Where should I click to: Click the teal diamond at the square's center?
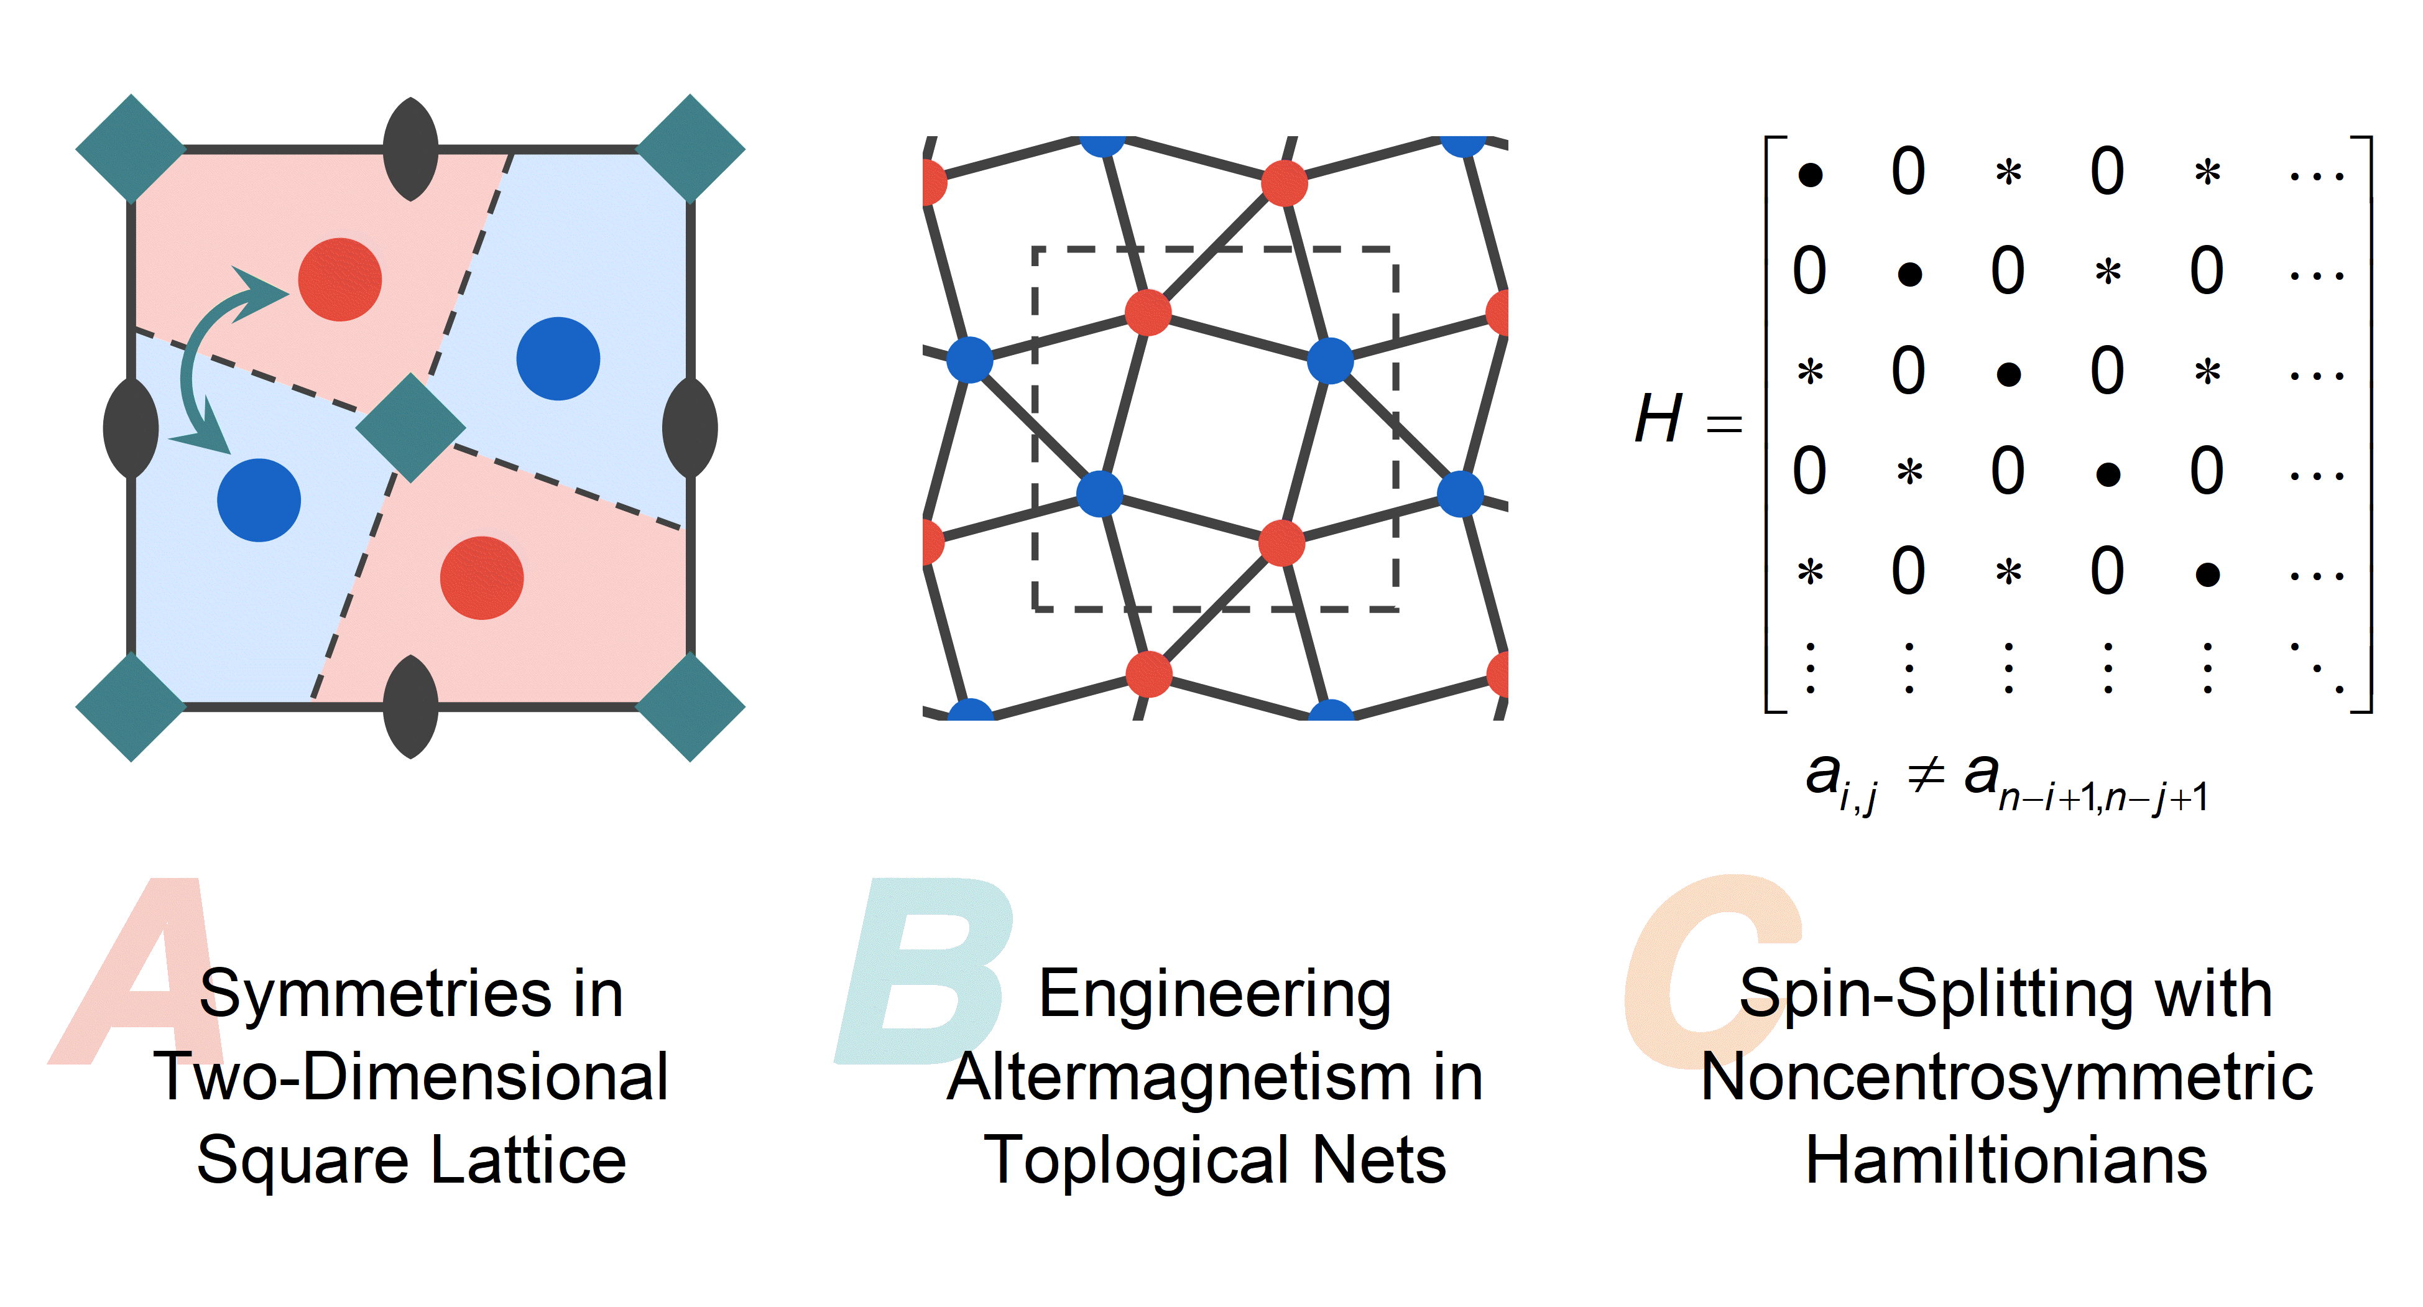[x=410, y=428]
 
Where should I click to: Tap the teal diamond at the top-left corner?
[x=131, y=149]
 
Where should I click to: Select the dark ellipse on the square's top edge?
[x=411, y=149]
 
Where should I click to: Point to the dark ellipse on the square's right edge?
[x=690, y=428]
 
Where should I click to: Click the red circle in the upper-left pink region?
[x=339, y=279]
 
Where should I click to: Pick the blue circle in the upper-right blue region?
[x=559, y=359]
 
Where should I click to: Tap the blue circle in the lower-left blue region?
[x=259, y=500]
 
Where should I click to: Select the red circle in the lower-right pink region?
[x=482, y=578]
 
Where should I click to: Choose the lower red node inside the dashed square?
[x=1281, y=543]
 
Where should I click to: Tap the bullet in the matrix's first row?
[x=1810, y=174]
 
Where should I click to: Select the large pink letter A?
[x=136, y=971]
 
